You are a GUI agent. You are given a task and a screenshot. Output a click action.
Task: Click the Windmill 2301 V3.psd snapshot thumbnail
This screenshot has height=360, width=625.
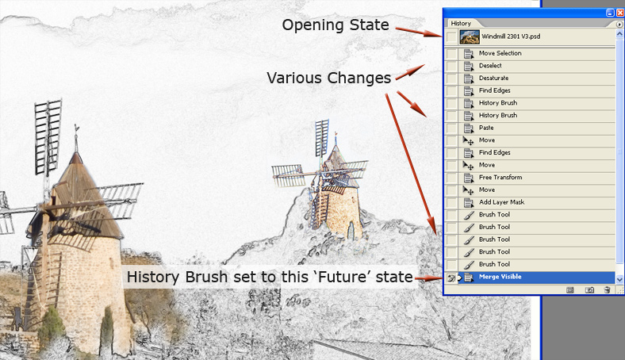point(470,36)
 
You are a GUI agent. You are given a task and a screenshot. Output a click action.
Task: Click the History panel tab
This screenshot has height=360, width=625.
point(461,24)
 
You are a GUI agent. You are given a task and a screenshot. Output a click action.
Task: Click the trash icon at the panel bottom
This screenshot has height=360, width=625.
point(607,290)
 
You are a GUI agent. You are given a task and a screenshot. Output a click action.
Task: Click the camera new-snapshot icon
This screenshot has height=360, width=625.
point(589,290)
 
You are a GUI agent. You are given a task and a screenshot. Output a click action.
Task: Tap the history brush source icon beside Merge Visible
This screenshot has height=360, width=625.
point(451,278)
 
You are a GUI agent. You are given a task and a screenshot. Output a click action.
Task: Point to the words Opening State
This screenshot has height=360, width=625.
point(336,25)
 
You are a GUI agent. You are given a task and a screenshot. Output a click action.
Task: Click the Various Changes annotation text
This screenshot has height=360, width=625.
point(329,78)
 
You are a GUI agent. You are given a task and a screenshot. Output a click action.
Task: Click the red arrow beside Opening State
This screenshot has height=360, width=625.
point(419,32)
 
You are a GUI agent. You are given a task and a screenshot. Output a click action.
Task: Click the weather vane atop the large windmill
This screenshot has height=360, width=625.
point(76,128)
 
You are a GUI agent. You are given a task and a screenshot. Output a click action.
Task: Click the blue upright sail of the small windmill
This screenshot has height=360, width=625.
point(321,137)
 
